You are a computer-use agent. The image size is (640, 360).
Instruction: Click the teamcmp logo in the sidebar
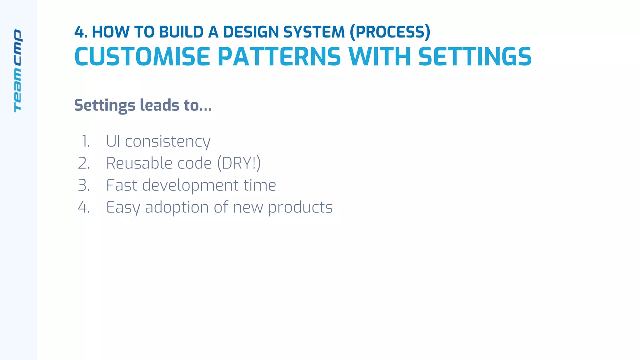point(18,71)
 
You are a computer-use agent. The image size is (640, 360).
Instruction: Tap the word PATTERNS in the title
point(279,57)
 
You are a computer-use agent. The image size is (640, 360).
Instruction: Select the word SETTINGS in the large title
point(475,57)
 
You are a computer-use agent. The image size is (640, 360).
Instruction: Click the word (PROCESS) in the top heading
point(390,32)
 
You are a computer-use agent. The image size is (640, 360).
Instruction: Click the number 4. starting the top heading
point(81,32)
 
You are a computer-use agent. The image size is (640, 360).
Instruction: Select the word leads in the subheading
point(159,105)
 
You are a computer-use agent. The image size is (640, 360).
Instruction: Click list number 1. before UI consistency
point(85,141)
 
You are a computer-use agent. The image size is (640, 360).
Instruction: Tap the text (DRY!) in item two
point(239,163)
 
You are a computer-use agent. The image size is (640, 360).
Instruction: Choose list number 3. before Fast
point(84,185)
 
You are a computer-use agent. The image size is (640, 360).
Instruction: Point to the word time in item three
point(260,185)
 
